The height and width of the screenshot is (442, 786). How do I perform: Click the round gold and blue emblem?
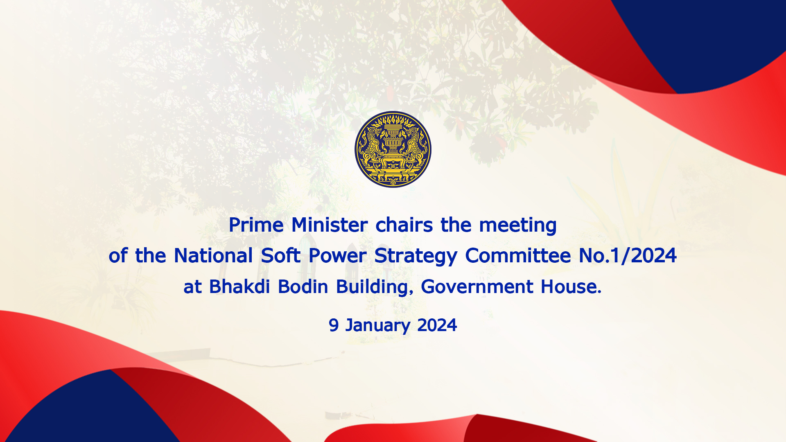pyautogui.click(x=393, y=149)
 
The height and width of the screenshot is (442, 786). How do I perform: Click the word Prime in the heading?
pyautogui.click(x=256, y=225)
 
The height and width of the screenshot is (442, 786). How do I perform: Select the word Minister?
pyautogui.click(x=330, y=225)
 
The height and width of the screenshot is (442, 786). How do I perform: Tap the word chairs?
pyautogui.click(x=404, y=225)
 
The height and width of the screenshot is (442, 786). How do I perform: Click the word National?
pyautogui.click(x=213, y=255)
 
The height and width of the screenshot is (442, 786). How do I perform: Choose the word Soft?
pyautogui.click(x=281, y=255)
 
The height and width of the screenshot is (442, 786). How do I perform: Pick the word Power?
pyautogui.click(x=337, y=255)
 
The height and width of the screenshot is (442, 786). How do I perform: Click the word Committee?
pyautogui.click(x=518, y=255)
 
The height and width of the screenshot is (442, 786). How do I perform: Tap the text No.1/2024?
pyautogui.click(x=628, y=255)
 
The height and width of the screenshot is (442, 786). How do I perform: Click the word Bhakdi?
pyautogui.click(x=239, y=286)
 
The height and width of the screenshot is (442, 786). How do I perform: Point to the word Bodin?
pyautogui.click(x=303, y=286)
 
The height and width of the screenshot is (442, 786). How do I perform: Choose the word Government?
pyautogui.click(x=477, y=286)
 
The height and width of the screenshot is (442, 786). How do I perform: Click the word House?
pyautogui.click(x=571, y=286)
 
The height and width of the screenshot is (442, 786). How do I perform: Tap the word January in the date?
pyautogui.click(x=377, y=326)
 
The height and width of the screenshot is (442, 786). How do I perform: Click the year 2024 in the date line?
pyautogui.click(x=437, y=325)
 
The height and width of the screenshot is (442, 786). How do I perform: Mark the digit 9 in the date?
pyautogui.click(x=334, y=325)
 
